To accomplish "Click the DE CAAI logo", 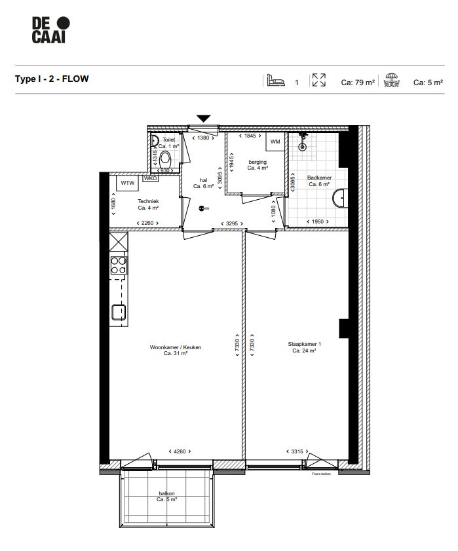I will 50,31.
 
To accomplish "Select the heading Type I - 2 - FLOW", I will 52,79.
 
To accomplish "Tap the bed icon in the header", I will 275,81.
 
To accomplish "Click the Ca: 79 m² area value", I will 358,83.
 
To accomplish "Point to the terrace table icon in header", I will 392,81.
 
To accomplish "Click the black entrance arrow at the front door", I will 204,119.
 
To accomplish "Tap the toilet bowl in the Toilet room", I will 166,159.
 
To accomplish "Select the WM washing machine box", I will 275,142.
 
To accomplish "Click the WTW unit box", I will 127,183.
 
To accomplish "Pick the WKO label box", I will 150,178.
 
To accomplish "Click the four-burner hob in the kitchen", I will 119,265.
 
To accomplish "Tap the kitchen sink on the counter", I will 119,312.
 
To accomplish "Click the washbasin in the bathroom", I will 340,199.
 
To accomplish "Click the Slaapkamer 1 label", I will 304,347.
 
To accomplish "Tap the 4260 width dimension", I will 177,451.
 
